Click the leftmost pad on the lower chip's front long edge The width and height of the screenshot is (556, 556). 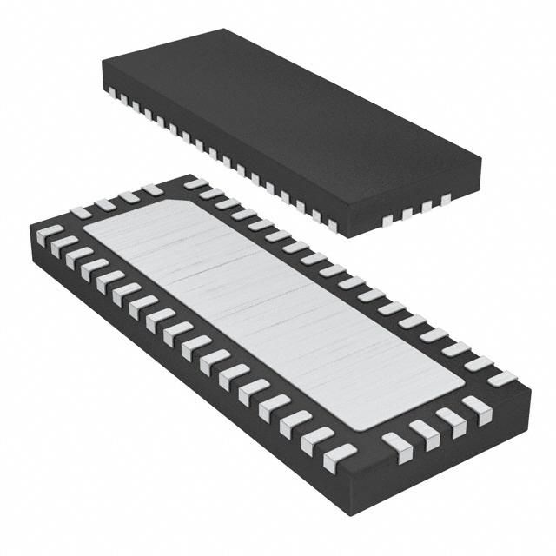tap(50, 234)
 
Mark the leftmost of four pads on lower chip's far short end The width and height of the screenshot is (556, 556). tap(80, 212)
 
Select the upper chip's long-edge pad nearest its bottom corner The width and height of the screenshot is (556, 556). tap(331, 225)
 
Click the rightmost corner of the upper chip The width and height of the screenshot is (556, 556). tap(481, 160)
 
